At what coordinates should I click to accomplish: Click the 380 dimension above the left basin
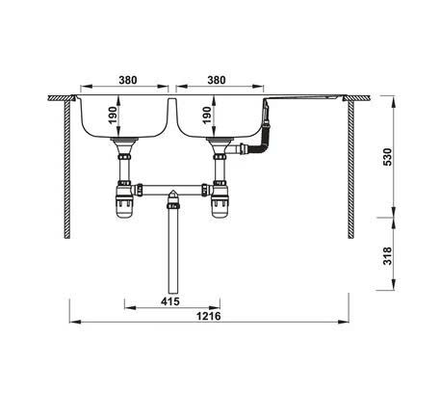pos(128,80)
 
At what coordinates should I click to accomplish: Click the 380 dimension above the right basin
pos(217,80)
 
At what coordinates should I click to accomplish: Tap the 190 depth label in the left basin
pos(113,116)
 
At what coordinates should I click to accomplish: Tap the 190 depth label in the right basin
pos(207,116)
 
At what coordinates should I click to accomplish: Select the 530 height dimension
pos(388,157)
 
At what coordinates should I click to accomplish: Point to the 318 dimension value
pos(388,256)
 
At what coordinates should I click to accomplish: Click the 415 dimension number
pos(170,301)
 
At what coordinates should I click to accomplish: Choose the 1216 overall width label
pos(209,316)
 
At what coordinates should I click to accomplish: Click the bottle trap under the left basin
pos(124,200)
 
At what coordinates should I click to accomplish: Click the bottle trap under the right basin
pos(220,200)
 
